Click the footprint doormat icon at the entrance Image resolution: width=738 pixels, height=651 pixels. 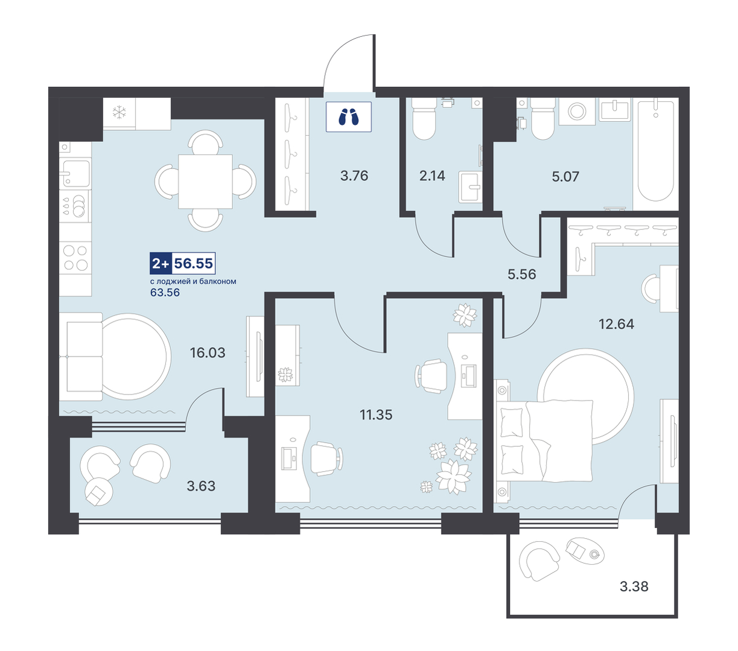coord(349,116)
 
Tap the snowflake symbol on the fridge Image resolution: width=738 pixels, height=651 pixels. coord(119,113)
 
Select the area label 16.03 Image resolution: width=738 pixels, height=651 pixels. coord(208,352)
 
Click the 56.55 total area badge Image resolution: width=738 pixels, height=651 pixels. coord(182,263)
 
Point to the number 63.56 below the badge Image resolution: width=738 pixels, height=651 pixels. coord(165,293)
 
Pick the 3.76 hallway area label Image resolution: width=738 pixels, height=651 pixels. coord(354,176)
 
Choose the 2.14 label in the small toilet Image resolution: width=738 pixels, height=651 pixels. coord(432,176)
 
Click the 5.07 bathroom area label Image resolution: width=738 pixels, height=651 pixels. coord(565,177)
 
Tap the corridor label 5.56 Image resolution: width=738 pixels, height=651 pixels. coord(521,275)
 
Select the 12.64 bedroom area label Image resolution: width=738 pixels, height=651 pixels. coord(616,324)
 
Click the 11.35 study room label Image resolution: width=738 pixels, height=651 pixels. coord(376,415)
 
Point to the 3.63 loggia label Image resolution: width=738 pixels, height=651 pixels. coord(201,486)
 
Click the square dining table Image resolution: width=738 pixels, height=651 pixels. coord(205,182)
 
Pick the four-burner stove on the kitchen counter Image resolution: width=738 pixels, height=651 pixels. coord(75,258)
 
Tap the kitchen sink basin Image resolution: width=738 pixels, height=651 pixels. coord(75,173)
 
